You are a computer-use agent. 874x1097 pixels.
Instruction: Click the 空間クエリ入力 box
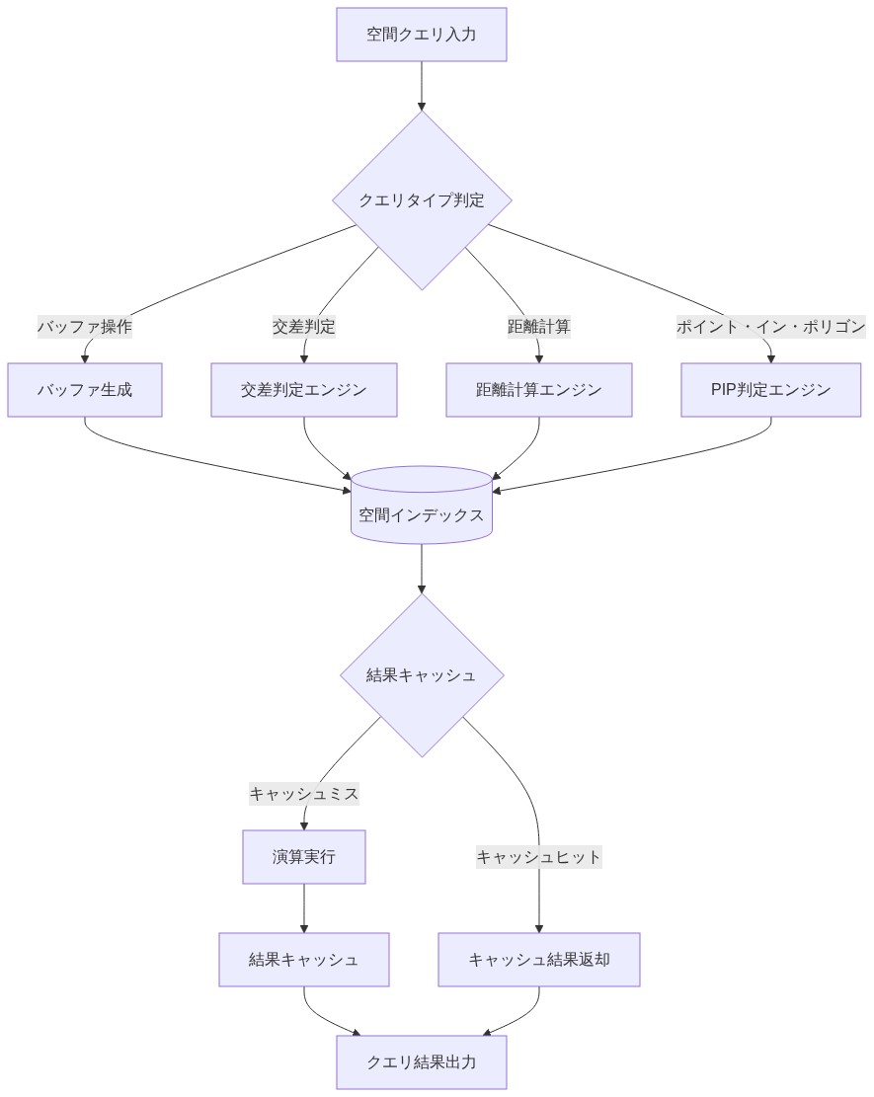(x=422, y=35)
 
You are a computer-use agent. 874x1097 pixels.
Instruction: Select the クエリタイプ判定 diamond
(x=422, y=200)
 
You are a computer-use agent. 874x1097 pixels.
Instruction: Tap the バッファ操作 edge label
(x=85, y=327)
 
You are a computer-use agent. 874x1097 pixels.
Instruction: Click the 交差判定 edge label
(x=304, y=327)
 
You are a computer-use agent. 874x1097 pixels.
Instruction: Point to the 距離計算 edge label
(x=539, y=327)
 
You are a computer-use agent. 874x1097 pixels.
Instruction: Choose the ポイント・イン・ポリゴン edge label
(x=771, y=327)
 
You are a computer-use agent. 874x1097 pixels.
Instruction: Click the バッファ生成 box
(x=85, y=390)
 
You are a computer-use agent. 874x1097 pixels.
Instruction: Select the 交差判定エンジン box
(x=304, y=390)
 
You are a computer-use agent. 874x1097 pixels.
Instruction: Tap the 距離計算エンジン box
(x=539, y=390)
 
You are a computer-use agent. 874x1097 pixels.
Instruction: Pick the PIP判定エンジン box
(x=771, y=390)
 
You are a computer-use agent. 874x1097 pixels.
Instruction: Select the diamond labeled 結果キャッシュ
(x=422, y=675)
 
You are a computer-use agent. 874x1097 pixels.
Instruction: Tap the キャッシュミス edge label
(x=304, y=794)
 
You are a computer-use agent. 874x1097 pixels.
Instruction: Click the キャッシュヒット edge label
(x=539, y=857)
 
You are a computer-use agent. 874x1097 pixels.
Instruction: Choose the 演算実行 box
(x=304, y=857)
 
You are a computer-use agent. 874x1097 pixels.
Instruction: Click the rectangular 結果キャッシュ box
(x=304, y=960)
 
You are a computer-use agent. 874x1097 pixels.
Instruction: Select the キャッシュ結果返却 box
(x=539, y=960)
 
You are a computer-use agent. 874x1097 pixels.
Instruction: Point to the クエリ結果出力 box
(x=422, y=1062)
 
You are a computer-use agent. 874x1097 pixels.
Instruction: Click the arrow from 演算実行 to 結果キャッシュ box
(x=304, y=908)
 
